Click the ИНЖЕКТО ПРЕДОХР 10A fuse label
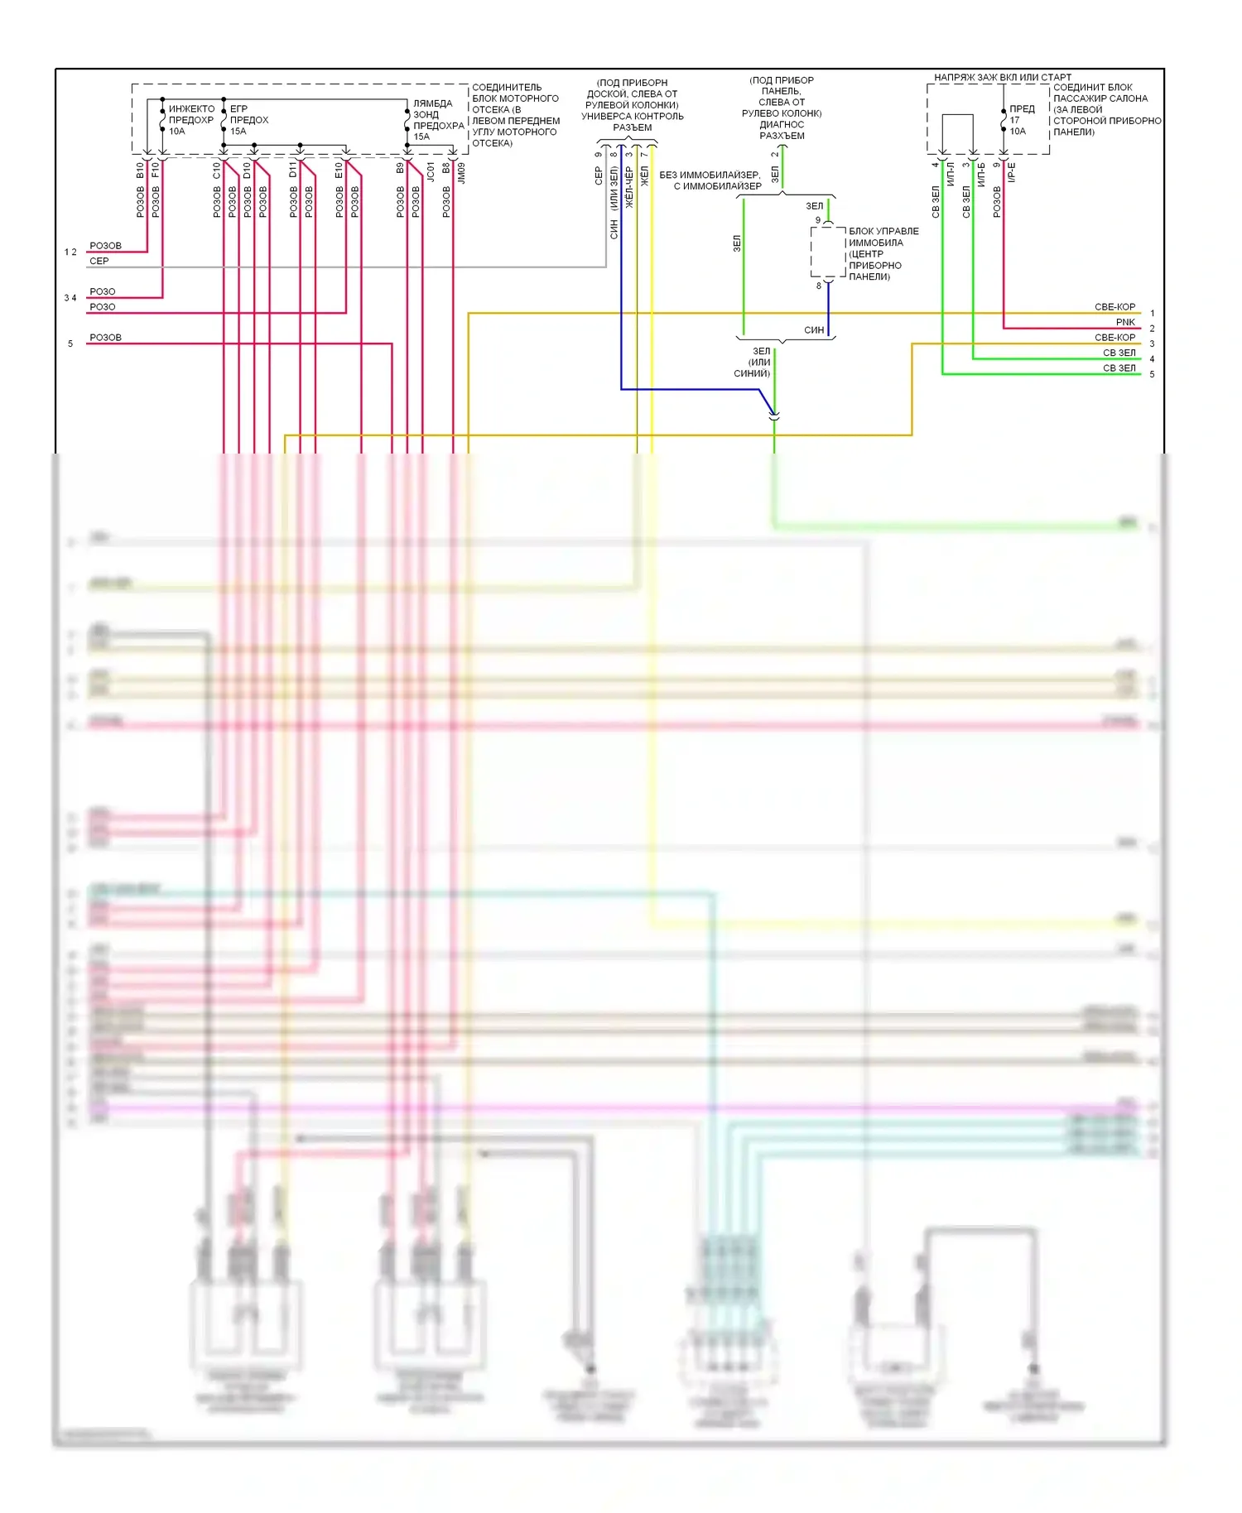click(190, 120)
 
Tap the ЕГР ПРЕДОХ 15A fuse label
click(248, 120)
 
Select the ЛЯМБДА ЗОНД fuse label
click(432, 109)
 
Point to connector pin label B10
click(140, 171)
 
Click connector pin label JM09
click(461, 172)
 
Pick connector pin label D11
click(293, 171)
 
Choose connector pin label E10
click(339, 171)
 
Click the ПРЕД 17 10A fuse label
click(1021, 120)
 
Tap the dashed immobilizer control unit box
click(827, 252)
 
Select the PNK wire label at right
click(1125, 322)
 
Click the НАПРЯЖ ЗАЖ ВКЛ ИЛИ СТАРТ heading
click(1002, 77)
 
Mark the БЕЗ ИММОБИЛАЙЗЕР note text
click(710, 175)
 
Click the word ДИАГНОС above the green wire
click(782, 125)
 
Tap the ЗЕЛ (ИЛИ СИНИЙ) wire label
click(755, 363)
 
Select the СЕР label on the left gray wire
click(99, 261)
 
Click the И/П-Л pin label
click(951, 174)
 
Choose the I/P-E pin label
click(1012, 172)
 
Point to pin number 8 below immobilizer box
click(819, 286)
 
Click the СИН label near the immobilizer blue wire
click(814, 330)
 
